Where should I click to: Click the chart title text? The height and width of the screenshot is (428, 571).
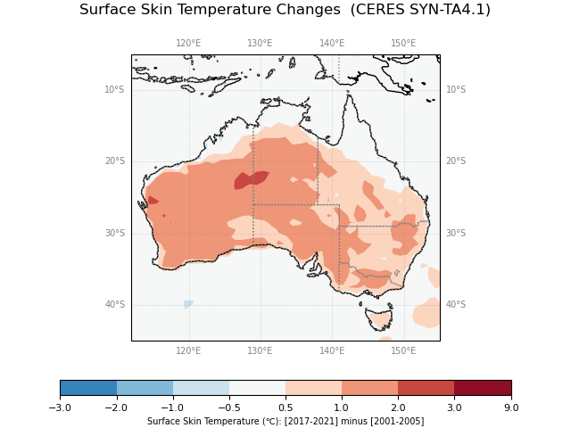(x=285, y=10)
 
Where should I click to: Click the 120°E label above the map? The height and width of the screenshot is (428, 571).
(x=188, y=43)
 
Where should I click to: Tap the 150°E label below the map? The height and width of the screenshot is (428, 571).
(x=403, y=351)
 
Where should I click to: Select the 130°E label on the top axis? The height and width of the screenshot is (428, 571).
(x=260, y=43)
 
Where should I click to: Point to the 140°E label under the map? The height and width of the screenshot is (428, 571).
(x=332, y=351)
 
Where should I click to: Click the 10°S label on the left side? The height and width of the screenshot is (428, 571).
(x=114, y=89)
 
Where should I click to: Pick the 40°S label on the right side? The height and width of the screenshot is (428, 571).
(x=456, y=305)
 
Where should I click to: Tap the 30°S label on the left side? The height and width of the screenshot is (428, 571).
(x=114, y=233)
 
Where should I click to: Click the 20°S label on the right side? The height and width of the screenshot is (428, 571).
(x=456, y=161)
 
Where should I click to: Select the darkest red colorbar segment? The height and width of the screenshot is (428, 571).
(x=483, y=388)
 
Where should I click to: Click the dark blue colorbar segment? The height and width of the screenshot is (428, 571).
(x=87, y=388)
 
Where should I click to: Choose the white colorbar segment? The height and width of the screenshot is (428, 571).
(x=257, y=388)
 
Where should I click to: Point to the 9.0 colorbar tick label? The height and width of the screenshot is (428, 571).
(x=511, y=407)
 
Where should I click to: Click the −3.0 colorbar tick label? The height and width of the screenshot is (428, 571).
(x=60, y=407)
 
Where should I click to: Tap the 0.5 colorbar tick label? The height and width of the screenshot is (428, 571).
(x=285, y=407)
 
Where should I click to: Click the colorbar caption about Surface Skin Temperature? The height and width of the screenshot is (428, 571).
(x=285, y=421)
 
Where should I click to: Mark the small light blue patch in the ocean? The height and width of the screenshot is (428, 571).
(x=187, y=304)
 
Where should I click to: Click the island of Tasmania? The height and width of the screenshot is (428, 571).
(x=379, y=318)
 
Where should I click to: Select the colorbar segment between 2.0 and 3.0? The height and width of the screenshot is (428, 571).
(x=426, y=388)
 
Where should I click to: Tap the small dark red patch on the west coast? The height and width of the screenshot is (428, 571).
(x=153, y=201)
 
